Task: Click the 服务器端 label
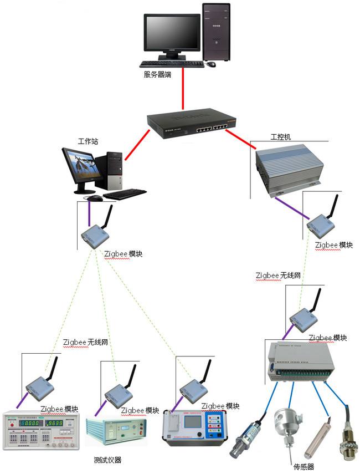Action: [157, 74]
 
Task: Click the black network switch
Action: [192, 125]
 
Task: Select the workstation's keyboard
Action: [125, 193]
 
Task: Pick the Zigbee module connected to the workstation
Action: [95, 235]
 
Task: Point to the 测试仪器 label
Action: [108, 460]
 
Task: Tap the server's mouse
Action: [211, 64]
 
